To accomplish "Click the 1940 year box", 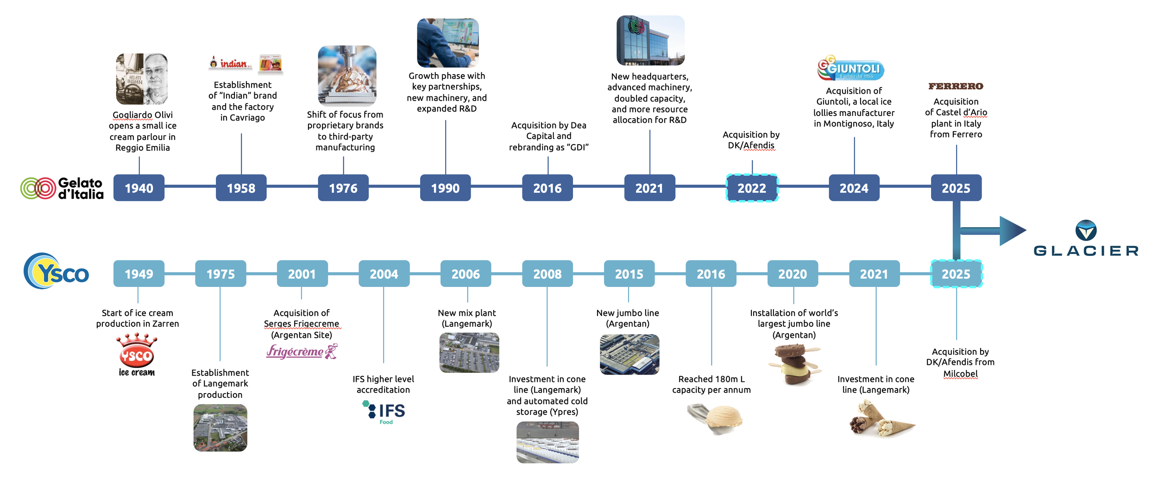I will (x=138, y=188).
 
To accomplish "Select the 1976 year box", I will (x=343, y=188).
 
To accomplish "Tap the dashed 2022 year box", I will (x=751, y=188).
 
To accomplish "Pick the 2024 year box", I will (x=854, y=188).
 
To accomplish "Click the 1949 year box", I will (x=138, y=273).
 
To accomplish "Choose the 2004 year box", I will (x=384, y=273).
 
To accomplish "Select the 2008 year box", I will (x=547, y=273).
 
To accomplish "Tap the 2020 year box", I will (x=792, y=273).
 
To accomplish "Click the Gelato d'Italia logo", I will (x=62, y=188).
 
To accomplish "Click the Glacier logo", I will (x=1086, y=239).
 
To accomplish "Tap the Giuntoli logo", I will (x=850, y=69).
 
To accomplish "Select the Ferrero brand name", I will (x=956, y=86).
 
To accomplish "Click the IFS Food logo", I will (x=384, y=412).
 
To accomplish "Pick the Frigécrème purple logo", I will (x=302, y=351).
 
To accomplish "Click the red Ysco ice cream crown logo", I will (x=137, y=355).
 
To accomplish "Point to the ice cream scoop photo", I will (x=715, y=419).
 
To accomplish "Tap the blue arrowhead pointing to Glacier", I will (x=1012, y=230).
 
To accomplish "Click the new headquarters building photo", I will (x=650, y=41).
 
